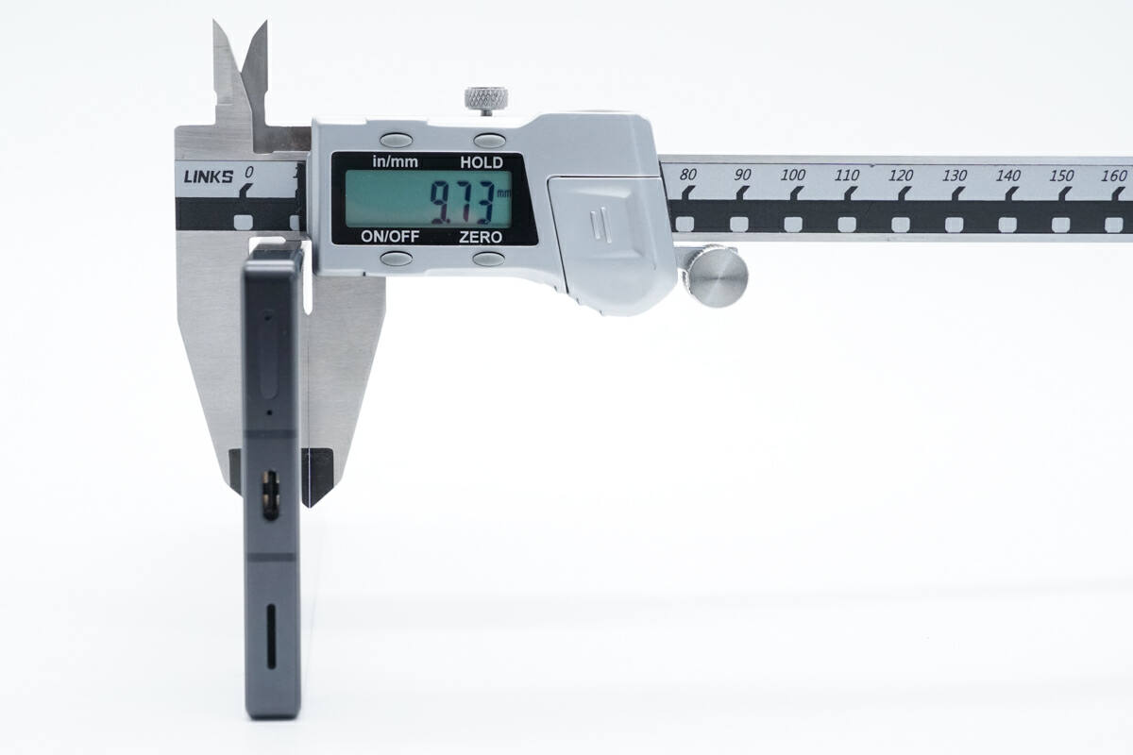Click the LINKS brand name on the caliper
[x=209, y=177]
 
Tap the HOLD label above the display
[x=481, y=162]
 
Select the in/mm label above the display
[x=395, y=161]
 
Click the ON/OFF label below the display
[x=390, y=236]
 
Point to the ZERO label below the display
[x=480, y=237]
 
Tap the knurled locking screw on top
[x=486, y=98]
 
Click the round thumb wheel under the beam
[x=718, y=276]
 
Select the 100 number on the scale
[x=792, y=175]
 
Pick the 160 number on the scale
[x=1113, y=176]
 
